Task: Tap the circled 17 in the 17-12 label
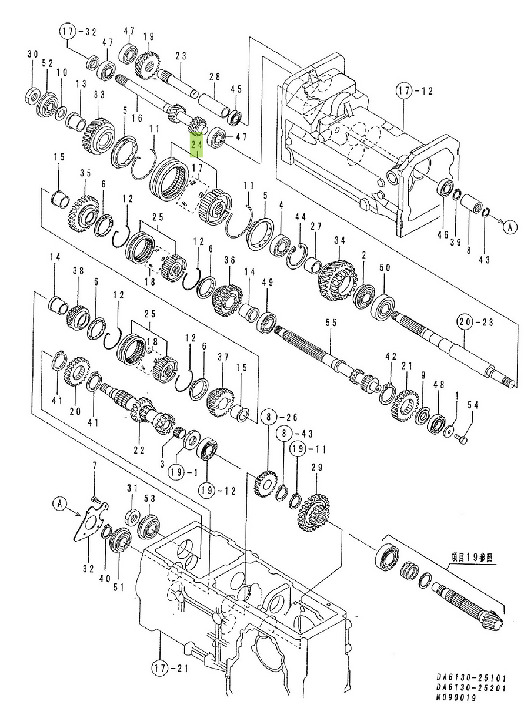click(x=403, y=92)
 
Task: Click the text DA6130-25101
click(x=470, y=677)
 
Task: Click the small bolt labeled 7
click(x=96, y=498)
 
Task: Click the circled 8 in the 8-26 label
click(x=268, y=418)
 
